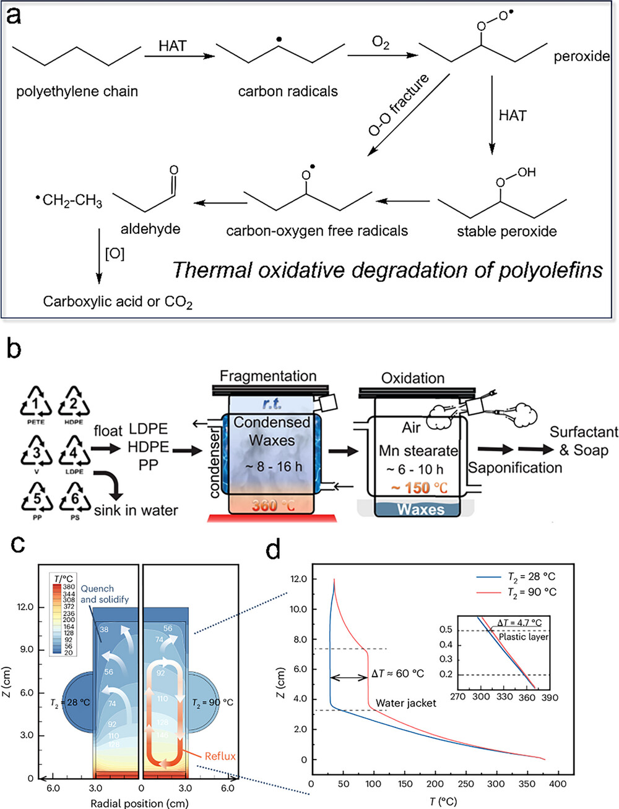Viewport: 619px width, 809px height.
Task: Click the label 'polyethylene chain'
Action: [x=77, y=92]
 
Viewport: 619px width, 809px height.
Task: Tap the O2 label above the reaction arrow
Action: [x=381, y=43]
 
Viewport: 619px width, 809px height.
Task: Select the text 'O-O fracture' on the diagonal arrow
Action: [x=399, y=105]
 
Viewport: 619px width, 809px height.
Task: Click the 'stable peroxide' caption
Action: [x=506, y=231]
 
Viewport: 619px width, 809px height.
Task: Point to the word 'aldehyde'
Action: [x=150, y=229]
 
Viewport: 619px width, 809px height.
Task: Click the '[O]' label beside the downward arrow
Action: [x=115, y=254]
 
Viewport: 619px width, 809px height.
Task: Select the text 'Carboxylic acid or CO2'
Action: [x=118, y=302]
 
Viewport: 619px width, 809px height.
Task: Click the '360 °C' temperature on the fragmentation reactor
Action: [x=272, y=505]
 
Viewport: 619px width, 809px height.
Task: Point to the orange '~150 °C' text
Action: [x=419, y=488]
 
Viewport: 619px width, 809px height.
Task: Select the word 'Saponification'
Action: [x=515, y=468]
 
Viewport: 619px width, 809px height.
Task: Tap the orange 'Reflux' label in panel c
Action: [x=220, y=756]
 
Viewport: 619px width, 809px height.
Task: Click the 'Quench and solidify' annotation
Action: [x=105, y=594]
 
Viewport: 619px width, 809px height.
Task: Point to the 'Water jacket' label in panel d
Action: [x=405, y=703]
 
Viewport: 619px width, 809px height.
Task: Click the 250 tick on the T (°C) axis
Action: [x=465, y=784]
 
